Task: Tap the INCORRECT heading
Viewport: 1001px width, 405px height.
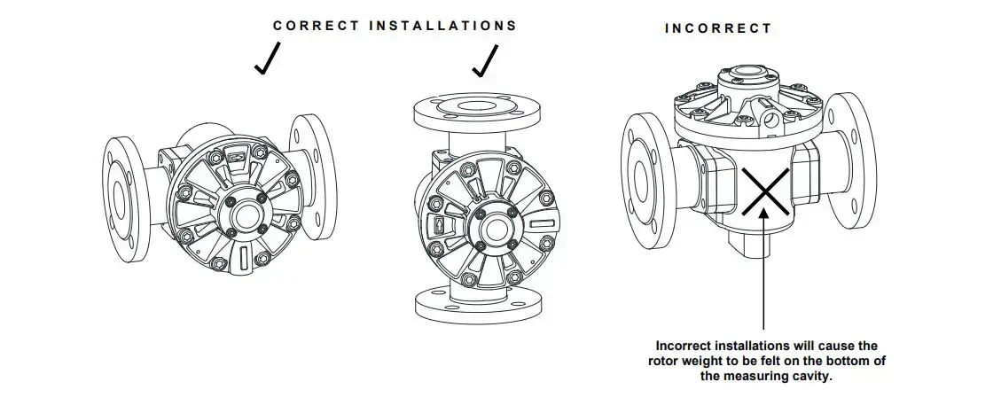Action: (718, 28)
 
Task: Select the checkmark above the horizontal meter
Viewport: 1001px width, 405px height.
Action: (267, 58)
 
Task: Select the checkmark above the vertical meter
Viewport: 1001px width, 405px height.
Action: (484, 61)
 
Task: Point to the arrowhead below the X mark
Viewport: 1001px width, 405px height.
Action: (764, 215)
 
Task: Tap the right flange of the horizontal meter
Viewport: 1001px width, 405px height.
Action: (313, 176)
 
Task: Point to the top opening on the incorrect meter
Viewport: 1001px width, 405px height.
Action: (747, 72)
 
